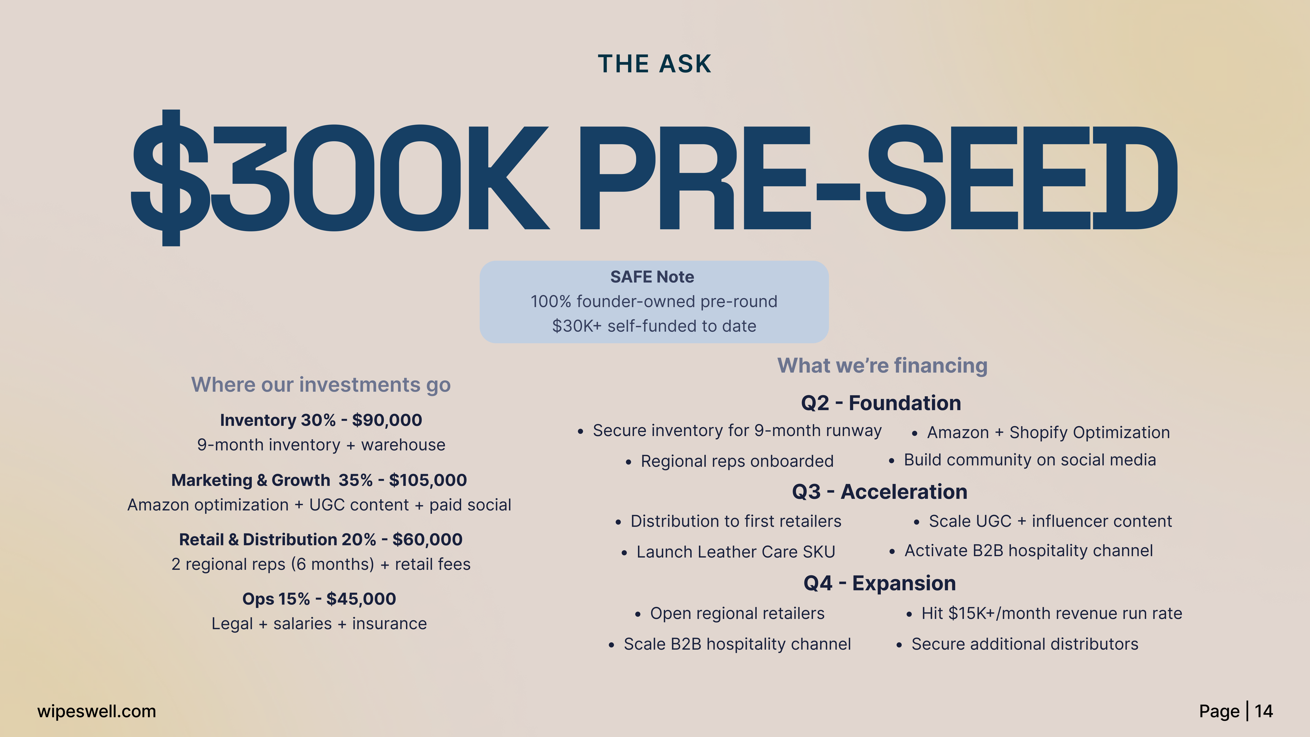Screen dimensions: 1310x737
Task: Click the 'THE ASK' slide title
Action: pyautogui.click(x=655, y=64)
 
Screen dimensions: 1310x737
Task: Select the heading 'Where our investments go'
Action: pyautogui.click(x=321, y=385)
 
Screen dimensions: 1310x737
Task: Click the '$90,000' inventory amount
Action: pyautogui.click(x=387, y=420)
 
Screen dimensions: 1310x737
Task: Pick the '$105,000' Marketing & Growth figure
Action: pyautogui.click(x=428, y=480)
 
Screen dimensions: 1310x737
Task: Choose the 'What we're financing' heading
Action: pyautogui.click(x=882, y=366)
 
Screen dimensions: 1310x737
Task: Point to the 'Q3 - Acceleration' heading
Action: pyautogui.click(x=880, y=492)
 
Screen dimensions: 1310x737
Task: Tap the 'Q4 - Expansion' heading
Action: pyautogui.click(x=880, y=583)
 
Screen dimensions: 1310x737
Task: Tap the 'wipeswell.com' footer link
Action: pyautogui.click(x=97, y=711)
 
